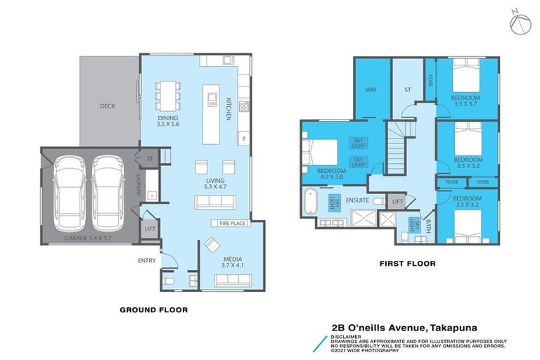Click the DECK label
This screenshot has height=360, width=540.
107,106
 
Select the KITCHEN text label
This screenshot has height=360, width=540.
228,110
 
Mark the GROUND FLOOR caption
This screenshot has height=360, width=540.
153,309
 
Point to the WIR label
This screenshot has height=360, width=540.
371,90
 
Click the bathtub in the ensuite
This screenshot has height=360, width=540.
310,201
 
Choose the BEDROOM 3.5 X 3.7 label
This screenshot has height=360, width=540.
465,100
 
